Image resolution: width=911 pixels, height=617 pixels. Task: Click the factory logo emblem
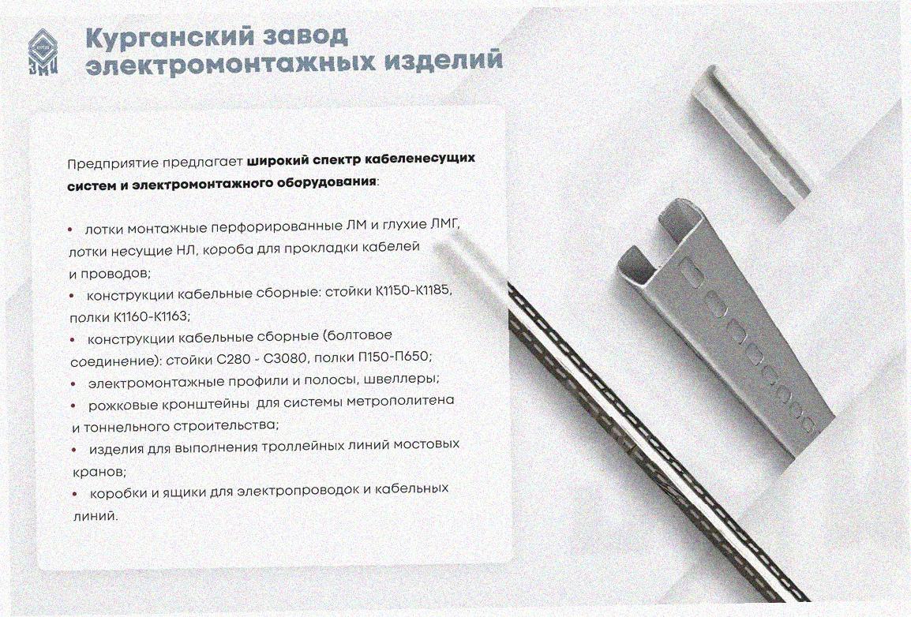(43, 50)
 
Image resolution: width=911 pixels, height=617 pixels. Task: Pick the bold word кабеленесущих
(417, 158)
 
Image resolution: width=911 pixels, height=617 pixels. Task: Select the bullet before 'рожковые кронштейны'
(73, 405)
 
